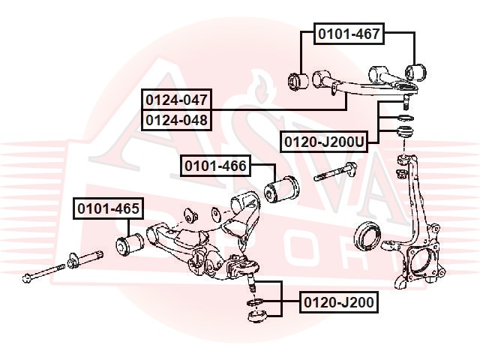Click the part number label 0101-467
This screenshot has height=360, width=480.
tap(349, 34)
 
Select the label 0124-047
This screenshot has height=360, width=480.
tap(177, 100)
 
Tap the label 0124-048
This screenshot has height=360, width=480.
tap(177, 120)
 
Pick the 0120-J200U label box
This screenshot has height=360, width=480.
tap(324, 142)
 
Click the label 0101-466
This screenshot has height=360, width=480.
tap(215, 166)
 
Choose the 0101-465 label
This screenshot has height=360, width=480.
tap(108, 208)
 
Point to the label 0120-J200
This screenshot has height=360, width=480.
tap(339, 302)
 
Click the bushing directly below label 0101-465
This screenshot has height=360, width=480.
tap(130, 244)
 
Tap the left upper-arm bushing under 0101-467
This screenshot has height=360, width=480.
tap(298, 82)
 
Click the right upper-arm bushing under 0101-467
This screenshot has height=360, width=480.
tap(415, 73)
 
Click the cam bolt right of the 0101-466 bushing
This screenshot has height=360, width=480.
tap(335, 172)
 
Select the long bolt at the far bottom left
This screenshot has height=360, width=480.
tap(43, 272)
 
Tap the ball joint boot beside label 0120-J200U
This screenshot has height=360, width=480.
tap(405, 131)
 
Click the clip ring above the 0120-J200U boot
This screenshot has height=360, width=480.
tap(406, 118)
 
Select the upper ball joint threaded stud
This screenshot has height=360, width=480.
tap(406, 102)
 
